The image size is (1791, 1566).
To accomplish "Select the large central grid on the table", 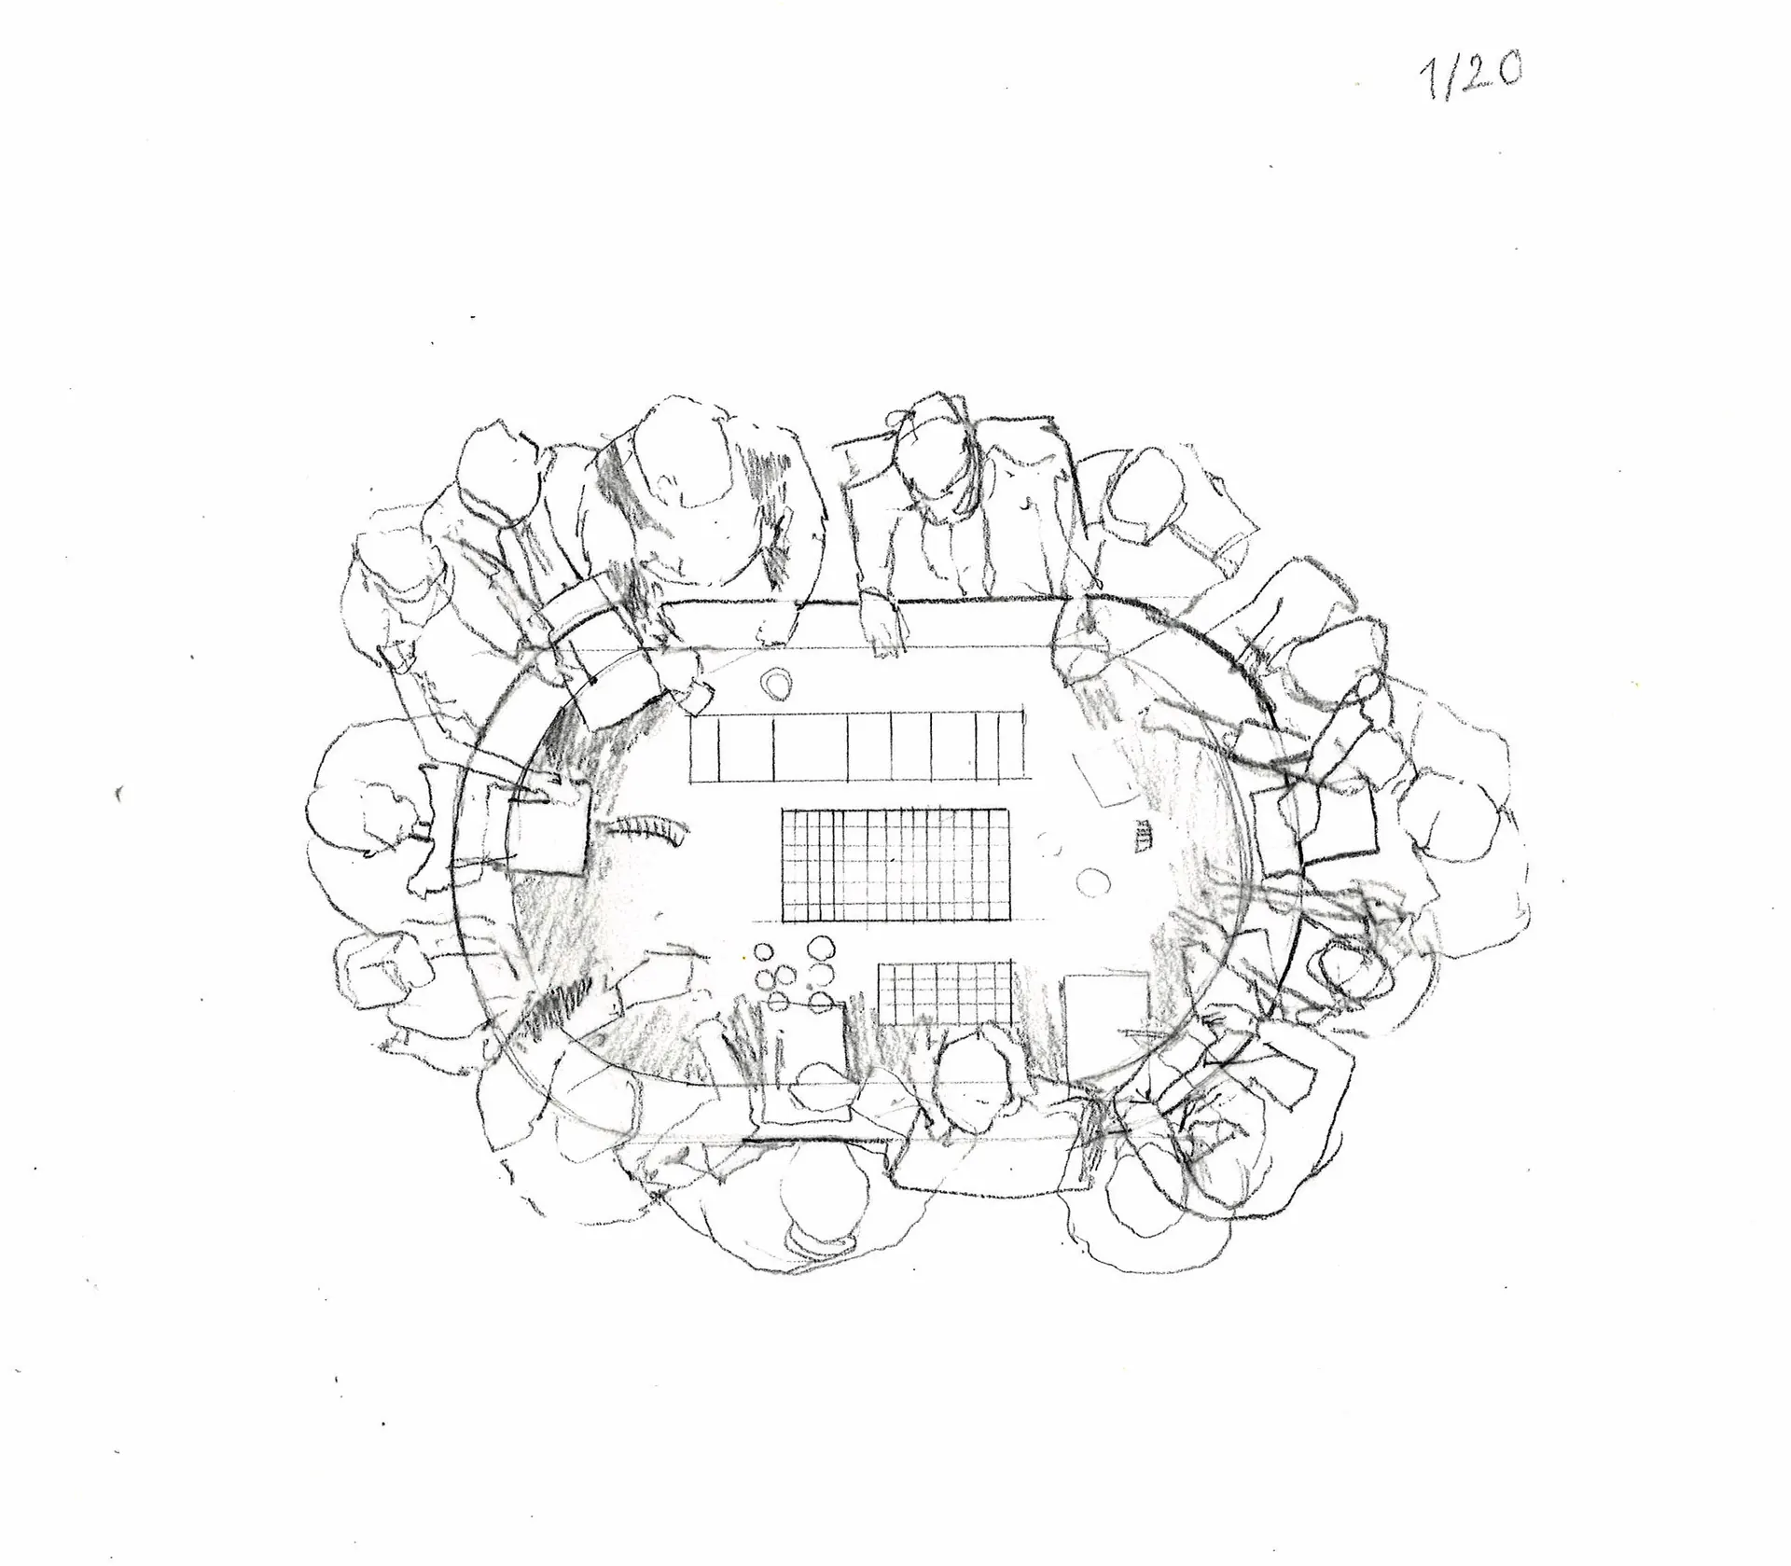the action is point(895,865).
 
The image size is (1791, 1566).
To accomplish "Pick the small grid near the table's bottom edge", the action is point(945,992).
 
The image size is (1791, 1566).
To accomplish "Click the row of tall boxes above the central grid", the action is point(855,746).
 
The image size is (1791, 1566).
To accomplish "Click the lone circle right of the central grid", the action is point(1090,881).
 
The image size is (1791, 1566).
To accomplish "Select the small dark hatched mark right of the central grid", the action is point(1142,836).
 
